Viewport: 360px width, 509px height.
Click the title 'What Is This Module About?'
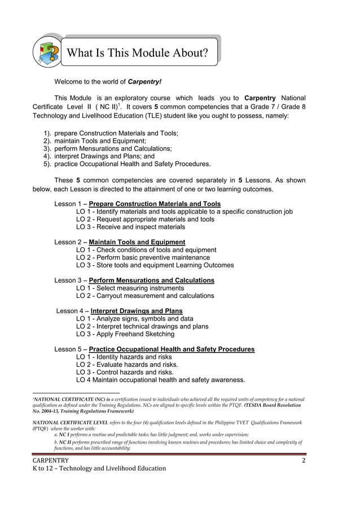click(137, 53)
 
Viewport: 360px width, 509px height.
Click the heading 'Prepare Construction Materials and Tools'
click(155, 204)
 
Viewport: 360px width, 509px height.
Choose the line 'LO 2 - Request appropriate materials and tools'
click(145, 219)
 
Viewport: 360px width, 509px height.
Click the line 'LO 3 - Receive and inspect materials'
click(130, 227)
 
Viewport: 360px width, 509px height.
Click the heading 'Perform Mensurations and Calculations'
click(151, 280)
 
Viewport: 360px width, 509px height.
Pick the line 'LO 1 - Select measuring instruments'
click(133, 288)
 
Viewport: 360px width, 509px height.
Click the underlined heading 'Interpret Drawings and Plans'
click(136, 311)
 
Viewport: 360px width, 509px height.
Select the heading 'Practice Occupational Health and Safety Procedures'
click(172, 349)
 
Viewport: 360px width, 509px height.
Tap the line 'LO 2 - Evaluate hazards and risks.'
click(127, 365)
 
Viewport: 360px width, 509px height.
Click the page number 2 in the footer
click(303, 460)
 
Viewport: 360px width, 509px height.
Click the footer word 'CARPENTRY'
click(50, 460)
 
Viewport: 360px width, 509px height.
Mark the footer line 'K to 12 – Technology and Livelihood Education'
click(99, 468)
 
